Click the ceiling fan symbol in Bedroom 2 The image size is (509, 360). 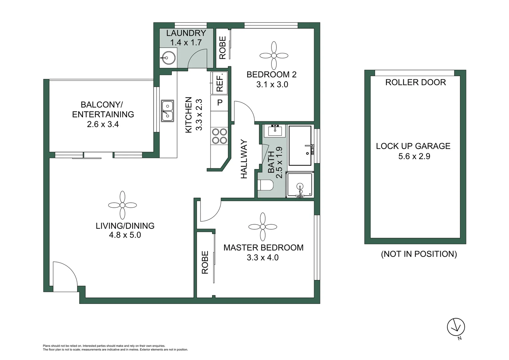coord(274,55)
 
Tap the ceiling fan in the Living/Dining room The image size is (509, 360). coord(122,205)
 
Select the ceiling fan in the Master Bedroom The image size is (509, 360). coord(263,227)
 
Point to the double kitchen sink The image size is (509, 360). coord(167,111)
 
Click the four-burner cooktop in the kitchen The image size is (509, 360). coord(220,136)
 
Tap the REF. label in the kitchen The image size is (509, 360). coord(220,83)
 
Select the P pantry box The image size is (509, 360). coord(220,103)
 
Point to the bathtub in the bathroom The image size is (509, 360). coord(300,145)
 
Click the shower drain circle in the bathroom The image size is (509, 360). coord(300,187)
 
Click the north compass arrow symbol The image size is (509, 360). coord(456,327)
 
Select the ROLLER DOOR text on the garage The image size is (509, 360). coord(415,82)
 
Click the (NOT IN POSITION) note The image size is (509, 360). coord(419,254)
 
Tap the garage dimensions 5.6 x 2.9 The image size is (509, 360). coord(414,156)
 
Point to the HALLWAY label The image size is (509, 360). coord(244,159)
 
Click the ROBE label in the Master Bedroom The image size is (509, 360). coord(205,262)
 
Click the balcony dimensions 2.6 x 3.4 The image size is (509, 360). coord(103,124)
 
